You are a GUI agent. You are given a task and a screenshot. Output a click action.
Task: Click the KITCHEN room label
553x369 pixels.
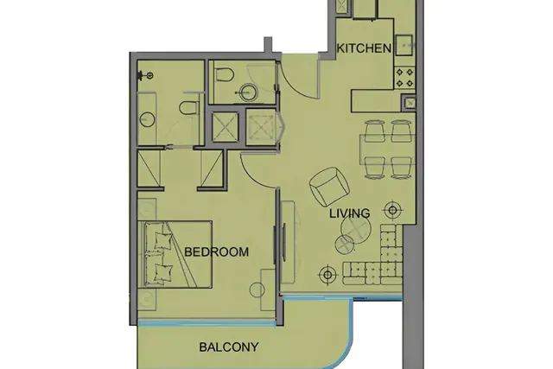[364, 48]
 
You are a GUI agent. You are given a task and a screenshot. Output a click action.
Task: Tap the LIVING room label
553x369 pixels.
[349, 213]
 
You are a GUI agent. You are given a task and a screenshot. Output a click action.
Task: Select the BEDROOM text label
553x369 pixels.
[216, 251]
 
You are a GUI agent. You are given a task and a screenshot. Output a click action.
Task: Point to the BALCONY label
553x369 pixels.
[228, 347]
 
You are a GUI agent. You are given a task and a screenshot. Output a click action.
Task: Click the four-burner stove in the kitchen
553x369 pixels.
[404, 78]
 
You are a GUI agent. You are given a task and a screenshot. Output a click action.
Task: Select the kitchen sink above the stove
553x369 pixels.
[404, 45]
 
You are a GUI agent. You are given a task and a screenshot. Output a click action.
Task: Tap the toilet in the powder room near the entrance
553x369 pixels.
[225, 74]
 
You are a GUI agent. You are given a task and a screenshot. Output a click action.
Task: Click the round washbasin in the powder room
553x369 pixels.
[248, 92]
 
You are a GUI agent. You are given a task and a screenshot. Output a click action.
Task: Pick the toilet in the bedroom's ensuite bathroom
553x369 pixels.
[188, 108]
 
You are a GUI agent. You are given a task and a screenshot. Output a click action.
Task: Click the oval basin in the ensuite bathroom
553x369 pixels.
[146, 119]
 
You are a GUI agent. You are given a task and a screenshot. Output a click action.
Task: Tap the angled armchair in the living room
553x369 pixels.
[329, 187]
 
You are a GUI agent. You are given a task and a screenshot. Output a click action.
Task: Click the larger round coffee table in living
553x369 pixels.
[355, 229]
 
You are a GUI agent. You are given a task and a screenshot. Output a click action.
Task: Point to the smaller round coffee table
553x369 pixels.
[344, 245]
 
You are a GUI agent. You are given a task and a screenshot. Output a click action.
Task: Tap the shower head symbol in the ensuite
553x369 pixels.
[145, 75]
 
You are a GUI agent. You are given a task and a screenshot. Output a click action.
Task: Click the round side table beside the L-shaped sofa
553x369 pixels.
[392, 210]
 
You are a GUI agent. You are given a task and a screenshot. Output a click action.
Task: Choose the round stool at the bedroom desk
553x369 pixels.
[257, 290]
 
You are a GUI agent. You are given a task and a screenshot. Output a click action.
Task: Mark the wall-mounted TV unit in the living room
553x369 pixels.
[283, 242]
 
